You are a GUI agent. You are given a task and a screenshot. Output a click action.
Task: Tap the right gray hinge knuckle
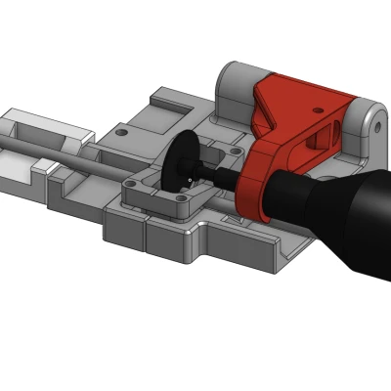[367, 127]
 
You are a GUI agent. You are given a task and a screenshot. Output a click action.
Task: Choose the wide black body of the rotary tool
[342, 215]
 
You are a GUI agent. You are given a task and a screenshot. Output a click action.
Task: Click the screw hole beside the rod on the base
[120, 131]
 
